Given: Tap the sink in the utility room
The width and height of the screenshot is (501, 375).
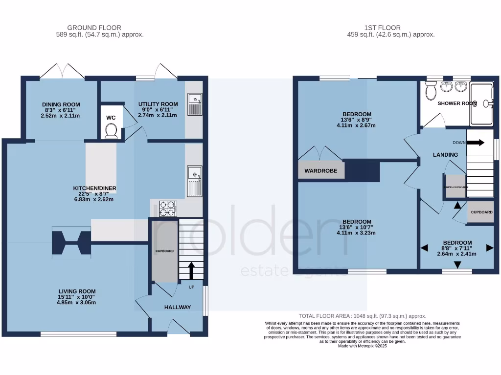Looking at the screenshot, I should (195, 104).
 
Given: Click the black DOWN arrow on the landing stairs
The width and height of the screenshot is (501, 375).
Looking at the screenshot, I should (475, 143).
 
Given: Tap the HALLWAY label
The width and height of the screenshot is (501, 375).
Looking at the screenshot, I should (177, 307).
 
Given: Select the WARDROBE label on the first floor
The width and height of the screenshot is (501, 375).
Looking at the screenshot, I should (321, 171).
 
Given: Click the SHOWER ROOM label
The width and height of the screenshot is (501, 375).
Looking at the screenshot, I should (456, 104).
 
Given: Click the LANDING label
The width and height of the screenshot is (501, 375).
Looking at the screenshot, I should (446, 155).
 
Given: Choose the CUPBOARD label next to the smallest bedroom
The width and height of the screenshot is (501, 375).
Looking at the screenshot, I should (481, 212).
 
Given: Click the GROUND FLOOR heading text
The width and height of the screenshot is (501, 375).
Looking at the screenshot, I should (94, 28).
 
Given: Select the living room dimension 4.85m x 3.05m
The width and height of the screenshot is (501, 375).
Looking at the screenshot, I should (76, 302).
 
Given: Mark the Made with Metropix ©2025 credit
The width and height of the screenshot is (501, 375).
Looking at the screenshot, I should (362, 346).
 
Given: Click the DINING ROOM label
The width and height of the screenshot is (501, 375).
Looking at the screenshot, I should (61, 104).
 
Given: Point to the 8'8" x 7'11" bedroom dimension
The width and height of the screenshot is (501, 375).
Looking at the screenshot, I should (457, 249).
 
